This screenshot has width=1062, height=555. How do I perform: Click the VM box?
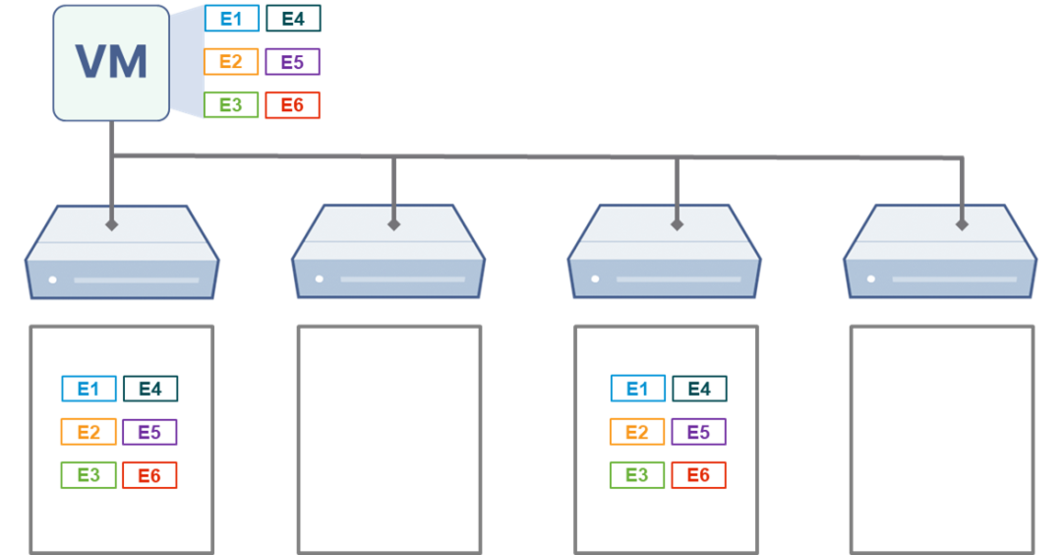coord(111,63)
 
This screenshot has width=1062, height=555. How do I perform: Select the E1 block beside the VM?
coord(232,19)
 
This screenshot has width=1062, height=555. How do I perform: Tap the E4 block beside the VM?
coord(292,19)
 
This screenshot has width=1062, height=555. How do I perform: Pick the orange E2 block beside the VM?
coord(232,62)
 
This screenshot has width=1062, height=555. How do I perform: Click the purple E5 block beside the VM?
coord(292,62)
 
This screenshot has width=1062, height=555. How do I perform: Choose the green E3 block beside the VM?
coord(232,105)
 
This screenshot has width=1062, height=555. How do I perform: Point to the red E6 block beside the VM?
coord(292,105)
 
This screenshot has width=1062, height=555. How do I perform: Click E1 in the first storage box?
coord(88,389)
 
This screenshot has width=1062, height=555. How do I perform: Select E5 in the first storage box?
coord(149,432)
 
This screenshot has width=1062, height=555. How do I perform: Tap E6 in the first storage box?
coord(149,475)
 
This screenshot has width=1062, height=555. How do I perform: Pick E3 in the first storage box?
coord(88,475)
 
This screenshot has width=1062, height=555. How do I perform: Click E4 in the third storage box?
coord(699,389)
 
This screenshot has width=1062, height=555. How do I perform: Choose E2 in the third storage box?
coord(637,432)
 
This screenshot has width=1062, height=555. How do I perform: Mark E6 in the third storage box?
coord(699,475)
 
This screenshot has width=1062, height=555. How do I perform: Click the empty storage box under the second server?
coord(389,438)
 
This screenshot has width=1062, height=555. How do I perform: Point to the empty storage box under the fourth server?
coord(941,438)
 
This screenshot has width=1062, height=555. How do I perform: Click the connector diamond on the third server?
coord(677,224)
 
